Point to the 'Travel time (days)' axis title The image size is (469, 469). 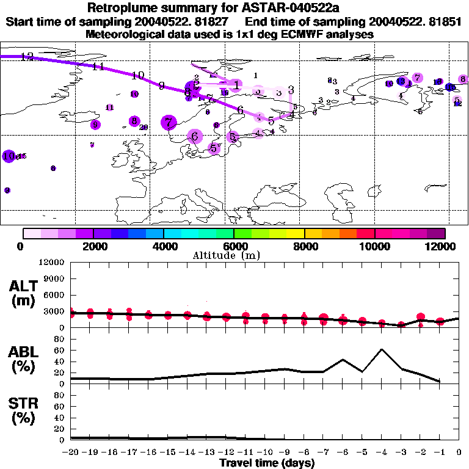tap(267, 463)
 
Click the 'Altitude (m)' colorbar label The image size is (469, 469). tap(234, 255)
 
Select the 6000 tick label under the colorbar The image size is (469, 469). tap(234, 246)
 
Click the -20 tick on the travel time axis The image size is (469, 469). tap(71, 452)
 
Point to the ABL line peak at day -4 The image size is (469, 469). tap(382, 349)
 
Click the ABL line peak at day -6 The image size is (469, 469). tap(343, 360)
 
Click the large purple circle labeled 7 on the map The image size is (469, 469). tap(169, 123)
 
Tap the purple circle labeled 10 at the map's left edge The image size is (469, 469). tap(9, 156)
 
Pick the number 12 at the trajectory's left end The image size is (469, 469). tap(26, 57)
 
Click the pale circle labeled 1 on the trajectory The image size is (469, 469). tap(236, 84)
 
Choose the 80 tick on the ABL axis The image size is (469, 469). tap(59, 339)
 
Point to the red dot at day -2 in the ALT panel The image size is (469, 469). tap(421, 318)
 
